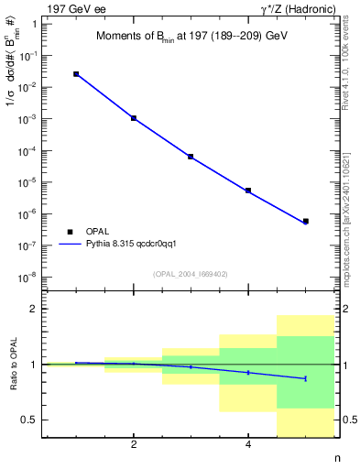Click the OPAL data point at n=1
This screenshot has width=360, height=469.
pos(76,74)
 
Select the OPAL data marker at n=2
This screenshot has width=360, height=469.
pos(134,118)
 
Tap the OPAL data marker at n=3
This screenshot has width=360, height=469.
pos(191,157)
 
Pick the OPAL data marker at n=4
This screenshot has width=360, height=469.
pos(248,191)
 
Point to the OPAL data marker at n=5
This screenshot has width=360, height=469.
pos(305,221)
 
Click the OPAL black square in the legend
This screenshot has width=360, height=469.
pos(70,232)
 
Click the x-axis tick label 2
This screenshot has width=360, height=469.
pos(134,445)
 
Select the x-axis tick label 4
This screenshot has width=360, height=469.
pos(248,445)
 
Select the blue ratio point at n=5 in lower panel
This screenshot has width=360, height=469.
pos(305,378)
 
